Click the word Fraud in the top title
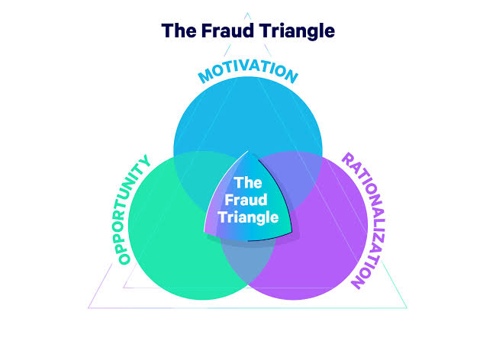coord(227,31)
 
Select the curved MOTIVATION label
coord(248,72)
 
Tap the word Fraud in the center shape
coord(246,200)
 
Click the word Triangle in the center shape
coord(248,218)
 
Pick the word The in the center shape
coord(248,183)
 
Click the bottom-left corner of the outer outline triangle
coord(89,308)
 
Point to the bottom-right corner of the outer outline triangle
coord(407,308)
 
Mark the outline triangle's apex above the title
coord(248,13)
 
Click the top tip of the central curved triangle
coord(248,151)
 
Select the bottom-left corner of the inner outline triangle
coord(124,288)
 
